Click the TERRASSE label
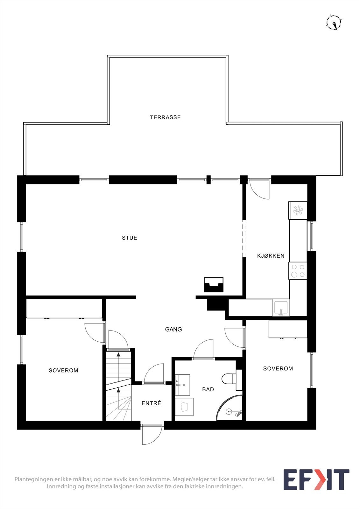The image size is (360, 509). (x=165, y=117)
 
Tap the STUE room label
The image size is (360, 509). (x=130, y=238)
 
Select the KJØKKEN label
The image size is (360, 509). (x=271, y=256)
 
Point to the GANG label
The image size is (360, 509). (x=173, y=329)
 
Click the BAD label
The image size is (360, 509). (x=208, y=389)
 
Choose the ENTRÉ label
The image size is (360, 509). (x=151, y=403)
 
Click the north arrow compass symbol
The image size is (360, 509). (x=334, y=23)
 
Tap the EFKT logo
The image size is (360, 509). (x=316, y=480)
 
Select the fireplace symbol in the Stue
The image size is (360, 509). (x=214, y=285)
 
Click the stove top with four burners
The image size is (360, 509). (x=298, y=271)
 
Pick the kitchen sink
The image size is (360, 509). (x=281, y=308)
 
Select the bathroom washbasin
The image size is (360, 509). (x=183, y=385)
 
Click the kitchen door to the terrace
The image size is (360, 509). (x=259, y=190)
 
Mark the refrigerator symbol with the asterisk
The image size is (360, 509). (x=298, y=210)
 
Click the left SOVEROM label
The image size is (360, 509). (x=63, y=370)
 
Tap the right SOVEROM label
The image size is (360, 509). (x=278, y=368)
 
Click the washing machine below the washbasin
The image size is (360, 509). (x=184, y=407)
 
